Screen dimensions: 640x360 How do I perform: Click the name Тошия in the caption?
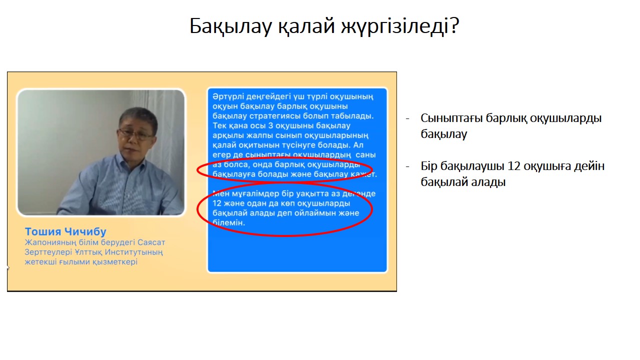tap(43, 231)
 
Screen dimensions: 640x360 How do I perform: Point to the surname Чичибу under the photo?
tap(85, 231)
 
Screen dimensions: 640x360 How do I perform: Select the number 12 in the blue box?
tap(217, 203)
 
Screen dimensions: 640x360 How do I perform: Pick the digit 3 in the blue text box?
tap(270, 125)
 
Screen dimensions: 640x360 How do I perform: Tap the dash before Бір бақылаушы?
tap(407, 166)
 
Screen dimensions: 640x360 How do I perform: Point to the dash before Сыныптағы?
tap(407, 118)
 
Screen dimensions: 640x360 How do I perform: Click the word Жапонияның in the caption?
tap(50, 242)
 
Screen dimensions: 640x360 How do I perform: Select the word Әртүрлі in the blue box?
tap(228, 97)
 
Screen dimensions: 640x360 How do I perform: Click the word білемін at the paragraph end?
tap(228, 222)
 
